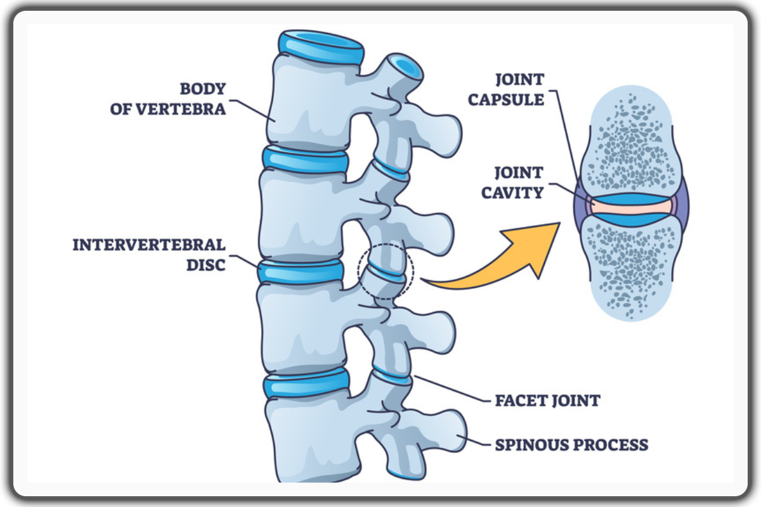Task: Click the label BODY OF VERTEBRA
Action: [x=167, y=98]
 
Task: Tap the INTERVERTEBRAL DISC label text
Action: [x=149, y=254]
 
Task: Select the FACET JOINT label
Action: [x=547, y=401]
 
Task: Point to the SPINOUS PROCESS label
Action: [x=571, y=444]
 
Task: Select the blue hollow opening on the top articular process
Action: [x=402, y=67]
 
